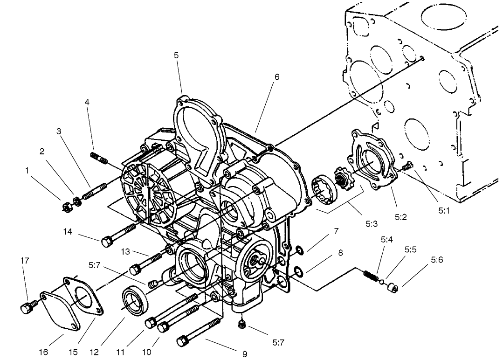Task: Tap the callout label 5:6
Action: point(437,260)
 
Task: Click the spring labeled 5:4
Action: point(371,276)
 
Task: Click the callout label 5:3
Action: point(371,223)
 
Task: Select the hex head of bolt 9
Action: point(182,341)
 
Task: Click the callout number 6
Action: point(277,77)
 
